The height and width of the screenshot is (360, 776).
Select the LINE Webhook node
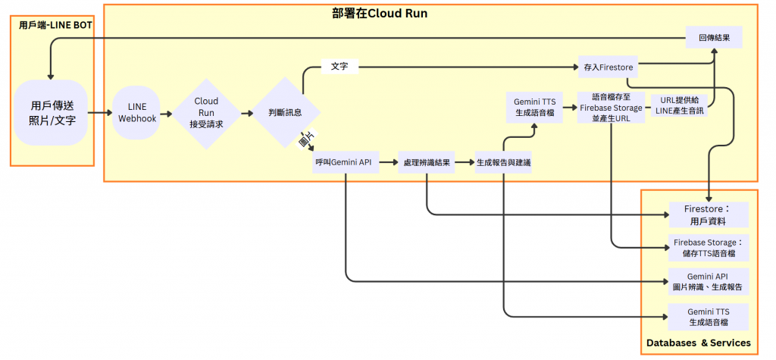pos(137,113)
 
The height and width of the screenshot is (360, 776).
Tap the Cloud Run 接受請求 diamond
pos(206,112)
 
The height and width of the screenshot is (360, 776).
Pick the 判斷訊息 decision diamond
pos(285,112)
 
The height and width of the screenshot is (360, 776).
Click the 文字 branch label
pos(339,67)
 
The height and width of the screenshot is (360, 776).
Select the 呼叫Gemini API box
pos(346,162)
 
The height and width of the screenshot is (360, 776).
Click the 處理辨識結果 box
pos(427,162)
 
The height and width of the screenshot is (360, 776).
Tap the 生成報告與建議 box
pos(503,162)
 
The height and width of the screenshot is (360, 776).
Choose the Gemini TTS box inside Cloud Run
pos(535,107)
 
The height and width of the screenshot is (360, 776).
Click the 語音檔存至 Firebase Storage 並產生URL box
pos(611,107)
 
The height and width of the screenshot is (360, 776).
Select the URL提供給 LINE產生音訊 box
pos(678,105)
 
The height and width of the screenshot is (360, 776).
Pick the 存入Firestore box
pos(608,67)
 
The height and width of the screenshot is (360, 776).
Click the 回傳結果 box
pos(713,37)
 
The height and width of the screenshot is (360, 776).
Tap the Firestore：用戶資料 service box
pos(708,214)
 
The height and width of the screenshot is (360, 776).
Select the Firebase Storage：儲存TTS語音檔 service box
pos(708,248)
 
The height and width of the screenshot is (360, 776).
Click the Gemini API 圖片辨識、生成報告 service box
pos(708,281)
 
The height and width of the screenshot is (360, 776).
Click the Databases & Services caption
pos(698,343)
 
